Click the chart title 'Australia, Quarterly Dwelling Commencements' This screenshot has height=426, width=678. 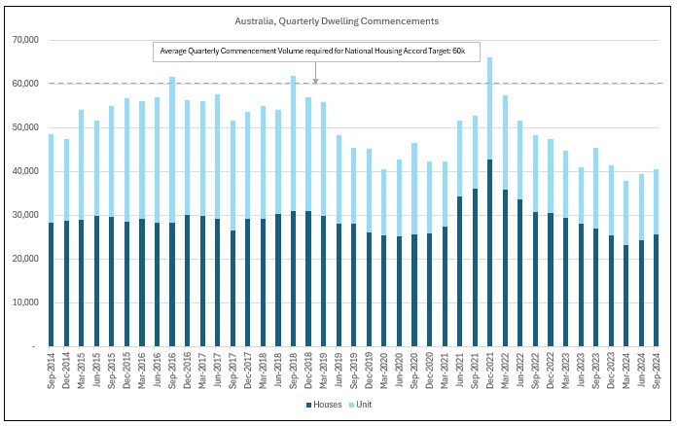pyautogui.click(x=337, y=20)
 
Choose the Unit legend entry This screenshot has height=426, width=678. pyautogui.click(x=363, y=405)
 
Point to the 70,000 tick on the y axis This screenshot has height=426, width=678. pyautogui.click(x=22, y=40)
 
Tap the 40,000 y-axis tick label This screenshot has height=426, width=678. pyautogui.click(x=22, y=171)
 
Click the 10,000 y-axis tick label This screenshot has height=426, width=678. pyautogui.click(x=22, y=302)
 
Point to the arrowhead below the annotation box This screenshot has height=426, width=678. pyautogui.click(x=316, y=81)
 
